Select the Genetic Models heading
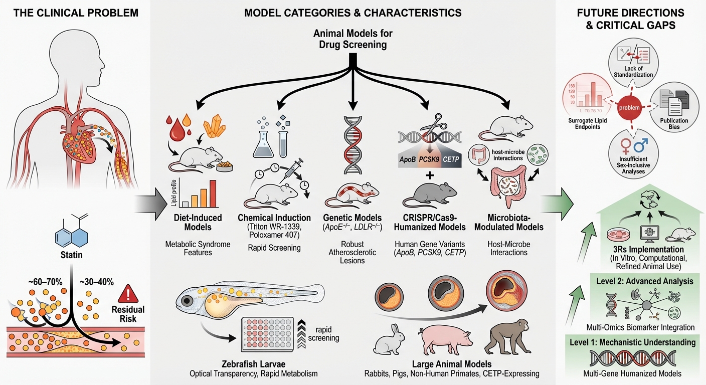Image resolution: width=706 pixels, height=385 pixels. point(352,218)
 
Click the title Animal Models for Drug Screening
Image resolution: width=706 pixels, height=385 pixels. point(353,39)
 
